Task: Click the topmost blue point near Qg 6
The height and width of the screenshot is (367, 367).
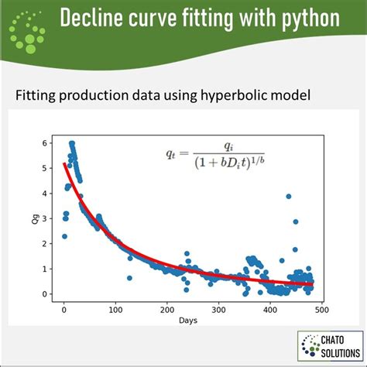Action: [71, 143]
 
